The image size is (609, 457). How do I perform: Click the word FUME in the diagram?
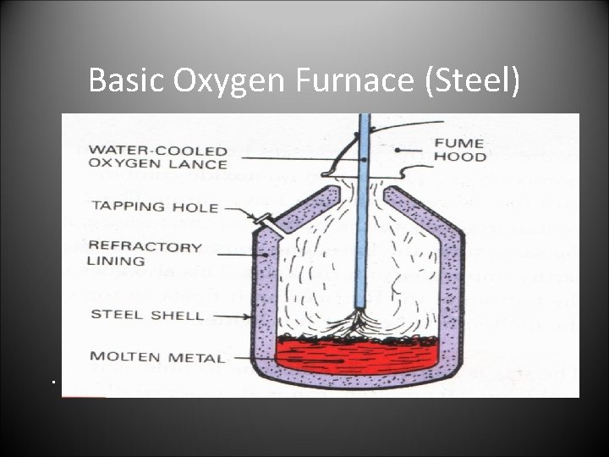coord(459,142)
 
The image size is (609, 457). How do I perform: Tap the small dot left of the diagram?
coord(52,383)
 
